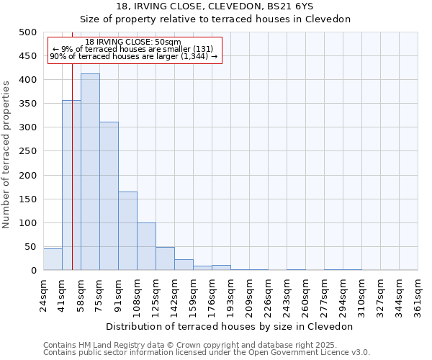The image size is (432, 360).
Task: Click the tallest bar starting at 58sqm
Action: [x=90, y=172]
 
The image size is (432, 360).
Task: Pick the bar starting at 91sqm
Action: [x=127, y=230]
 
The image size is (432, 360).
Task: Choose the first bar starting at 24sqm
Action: [x=53, y=259]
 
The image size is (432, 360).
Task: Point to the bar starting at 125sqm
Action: [x=165, y=258]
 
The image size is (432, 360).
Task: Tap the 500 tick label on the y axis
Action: [x=27, y=32]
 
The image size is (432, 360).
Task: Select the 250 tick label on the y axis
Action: [x=27, y=151]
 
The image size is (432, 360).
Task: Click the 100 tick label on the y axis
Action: [x=27, y=223]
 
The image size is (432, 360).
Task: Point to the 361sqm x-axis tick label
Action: [x=418, y=295]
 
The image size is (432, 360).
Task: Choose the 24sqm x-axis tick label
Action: [x=43, y=295]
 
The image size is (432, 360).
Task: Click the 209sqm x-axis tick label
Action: [x=249, y=295]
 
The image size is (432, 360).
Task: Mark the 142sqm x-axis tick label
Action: [x=174, y=295]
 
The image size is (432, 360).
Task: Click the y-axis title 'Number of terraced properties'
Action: [x=7, y=154]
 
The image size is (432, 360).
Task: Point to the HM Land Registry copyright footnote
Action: [x=206, y=345]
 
